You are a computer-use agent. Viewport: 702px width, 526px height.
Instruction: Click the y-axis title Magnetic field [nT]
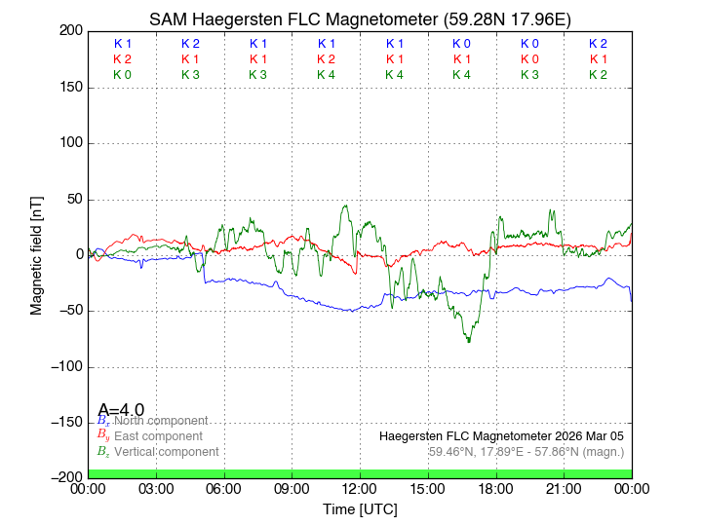pos(36,253)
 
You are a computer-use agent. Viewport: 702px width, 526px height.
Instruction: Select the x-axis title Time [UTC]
pos(360,508)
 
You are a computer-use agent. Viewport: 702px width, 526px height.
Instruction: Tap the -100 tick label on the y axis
pos(65,367)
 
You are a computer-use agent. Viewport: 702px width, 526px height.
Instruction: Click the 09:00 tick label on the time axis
pos(292,489)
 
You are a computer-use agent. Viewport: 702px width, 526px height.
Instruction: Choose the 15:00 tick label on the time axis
pos(428,489)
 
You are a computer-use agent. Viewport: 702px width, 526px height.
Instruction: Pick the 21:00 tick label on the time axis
pos(565,489)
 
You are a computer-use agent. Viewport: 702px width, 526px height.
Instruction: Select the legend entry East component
pos(158,436)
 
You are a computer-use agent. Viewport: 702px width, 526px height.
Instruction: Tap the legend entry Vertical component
pos(166,452)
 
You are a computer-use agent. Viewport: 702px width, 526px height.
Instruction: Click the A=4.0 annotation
pos(121,409)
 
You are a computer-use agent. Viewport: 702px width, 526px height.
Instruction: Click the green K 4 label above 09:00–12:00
pos(326,74)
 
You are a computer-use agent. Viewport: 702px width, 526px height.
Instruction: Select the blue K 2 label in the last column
pos(598,44)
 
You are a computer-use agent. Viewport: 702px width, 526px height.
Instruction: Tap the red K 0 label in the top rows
pos(529,59)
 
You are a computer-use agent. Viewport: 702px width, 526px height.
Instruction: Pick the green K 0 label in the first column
pos(122,74)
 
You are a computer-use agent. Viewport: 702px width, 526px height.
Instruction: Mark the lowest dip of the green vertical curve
pos(469,341)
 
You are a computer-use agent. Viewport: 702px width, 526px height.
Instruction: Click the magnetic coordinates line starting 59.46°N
pos(526,452)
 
